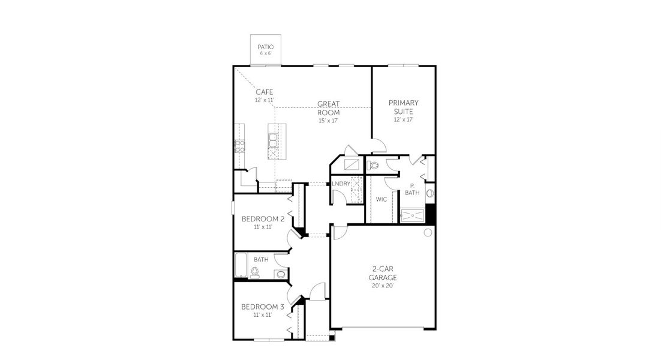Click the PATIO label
265,47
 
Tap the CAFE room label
265,92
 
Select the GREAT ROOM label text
328,108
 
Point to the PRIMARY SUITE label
403,107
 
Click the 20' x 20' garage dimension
382,286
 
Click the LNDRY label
341,184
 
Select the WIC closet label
381,199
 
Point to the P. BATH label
412,189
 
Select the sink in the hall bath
280,274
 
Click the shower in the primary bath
412,215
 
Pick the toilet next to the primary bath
374,164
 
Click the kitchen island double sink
273,140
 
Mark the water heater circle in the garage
428,232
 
